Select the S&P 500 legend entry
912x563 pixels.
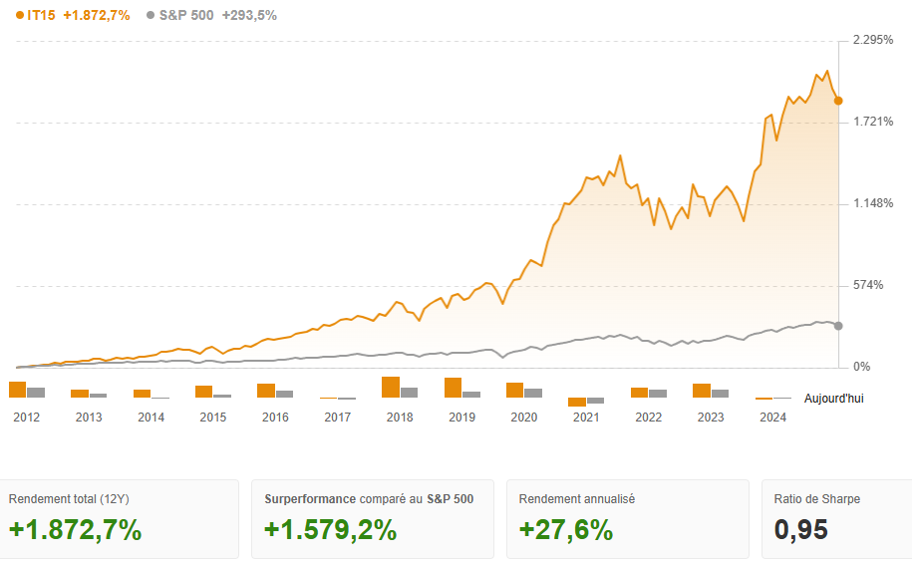[x=186, y=15]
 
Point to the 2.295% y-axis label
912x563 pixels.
[x=873, y=40]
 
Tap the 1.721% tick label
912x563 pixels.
[x=873, y=122]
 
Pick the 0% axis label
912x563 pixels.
[x=861, y=367]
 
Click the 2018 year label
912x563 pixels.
[x=400, y=418]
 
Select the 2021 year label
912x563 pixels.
[x=586, y=418]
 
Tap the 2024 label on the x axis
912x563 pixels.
[x=772, y=418]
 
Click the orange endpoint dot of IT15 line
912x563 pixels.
[x=839, y=101]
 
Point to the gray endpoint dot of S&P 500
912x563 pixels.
[x=838, y=326]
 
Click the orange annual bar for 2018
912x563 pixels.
[x=391, y=388]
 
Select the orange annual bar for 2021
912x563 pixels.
[x=577, y=402]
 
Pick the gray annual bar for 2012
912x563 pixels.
[x=36, y=393]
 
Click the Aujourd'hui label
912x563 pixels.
[x=834, y=399]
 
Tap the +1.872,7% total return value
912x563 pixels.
[x=75, y=530]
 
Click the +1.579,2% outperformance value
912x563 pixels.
[x=330, y=530]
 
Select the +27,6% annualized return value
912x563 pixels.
[x=566, y=530]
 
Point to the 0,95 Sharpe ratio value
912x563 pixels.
[x=801, y=530]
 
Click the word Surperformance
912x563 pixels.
[x=310, y=498]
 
